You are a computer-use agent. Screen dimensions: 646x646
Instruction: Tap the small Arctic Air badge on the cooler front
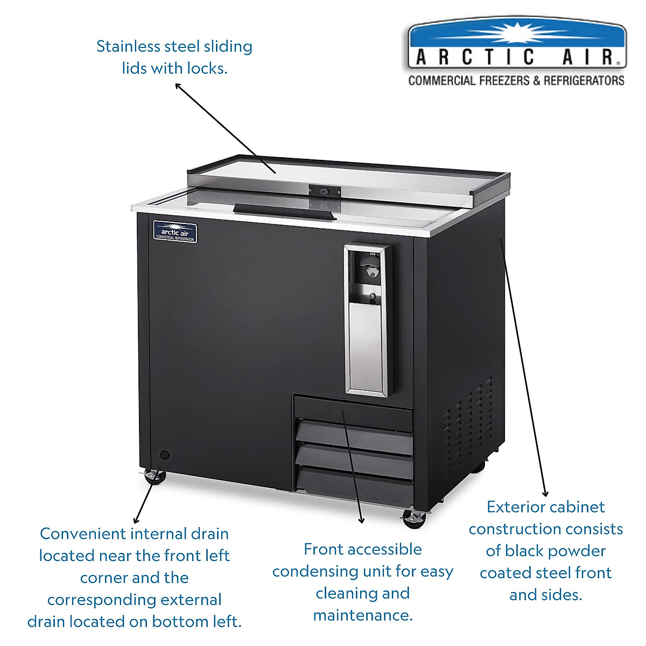(175, 232)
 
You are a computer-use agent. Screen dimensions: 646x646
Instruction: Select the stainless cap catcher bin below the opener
(367, 345)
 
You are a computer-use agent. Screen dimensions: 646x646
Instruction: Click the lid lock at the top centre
(324, 191)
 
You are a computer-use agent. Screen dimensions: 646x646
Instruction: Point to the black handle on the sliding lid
(285, 211)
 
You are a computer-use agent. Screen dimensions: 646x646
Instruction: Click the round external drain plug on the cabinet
(165, 455)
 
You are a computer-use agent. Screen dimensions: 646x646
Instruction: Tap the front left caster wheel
(153, 476)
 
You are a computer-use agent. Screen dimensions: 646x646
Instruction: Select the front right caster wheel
(413, 518)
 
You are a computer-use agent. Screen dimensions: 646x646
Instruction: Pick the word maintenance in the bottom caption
(362, 615)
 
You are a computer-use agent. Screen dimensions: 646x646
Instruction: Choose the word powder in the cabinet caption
(575, 551)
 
